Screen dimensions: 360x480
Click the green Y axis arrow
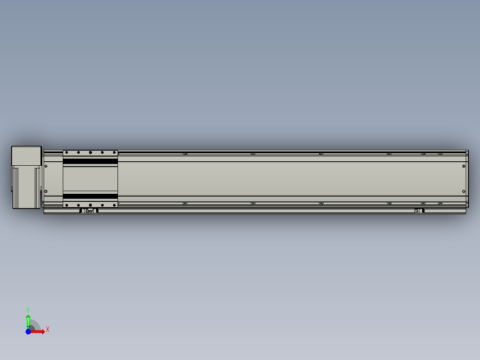[x=28, y=320]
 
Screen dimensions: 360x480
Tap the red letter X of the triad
[x=48, y=330]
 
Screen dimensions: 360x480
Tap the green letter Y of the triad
[x=28, y=309]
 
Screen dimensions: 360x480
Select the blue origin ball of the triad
[x=28, y=331]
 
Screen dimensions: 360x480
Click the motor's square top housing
[x=26, y=155]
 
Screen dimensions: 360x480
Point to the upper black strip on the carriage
[x=90, y=161]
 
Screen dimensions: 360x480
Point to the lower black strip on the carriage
[x=90, y=196]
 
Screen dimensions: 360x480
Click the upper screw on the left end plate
[x=46, y=166]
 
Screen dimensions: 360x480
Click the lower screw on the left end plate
[x=46, y=191]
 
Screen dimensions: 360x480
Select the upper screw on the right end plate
[x=464, y=166]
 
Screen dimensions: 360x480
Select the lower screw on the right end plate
[x=464, y=191]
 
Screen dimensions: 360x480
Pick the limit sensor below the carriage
[x=89, y=211]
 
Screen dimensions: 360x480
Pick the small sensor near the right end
[x=419, y=211]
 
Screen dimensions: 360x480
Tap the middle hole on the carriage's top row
[x=90, y=153]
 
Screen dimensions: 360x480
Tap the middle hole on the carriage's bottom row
[x=90, y=205]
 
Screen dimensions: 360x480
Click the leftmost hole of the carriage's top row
[x=66, y=153]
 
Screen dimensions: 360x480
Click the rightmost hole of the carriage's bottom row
[x=114, y=205]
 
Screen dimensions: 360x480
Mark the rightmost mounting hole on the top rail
[x=440, y=154]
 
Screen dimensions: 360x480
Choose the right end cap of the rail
[x=467, y=179]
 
